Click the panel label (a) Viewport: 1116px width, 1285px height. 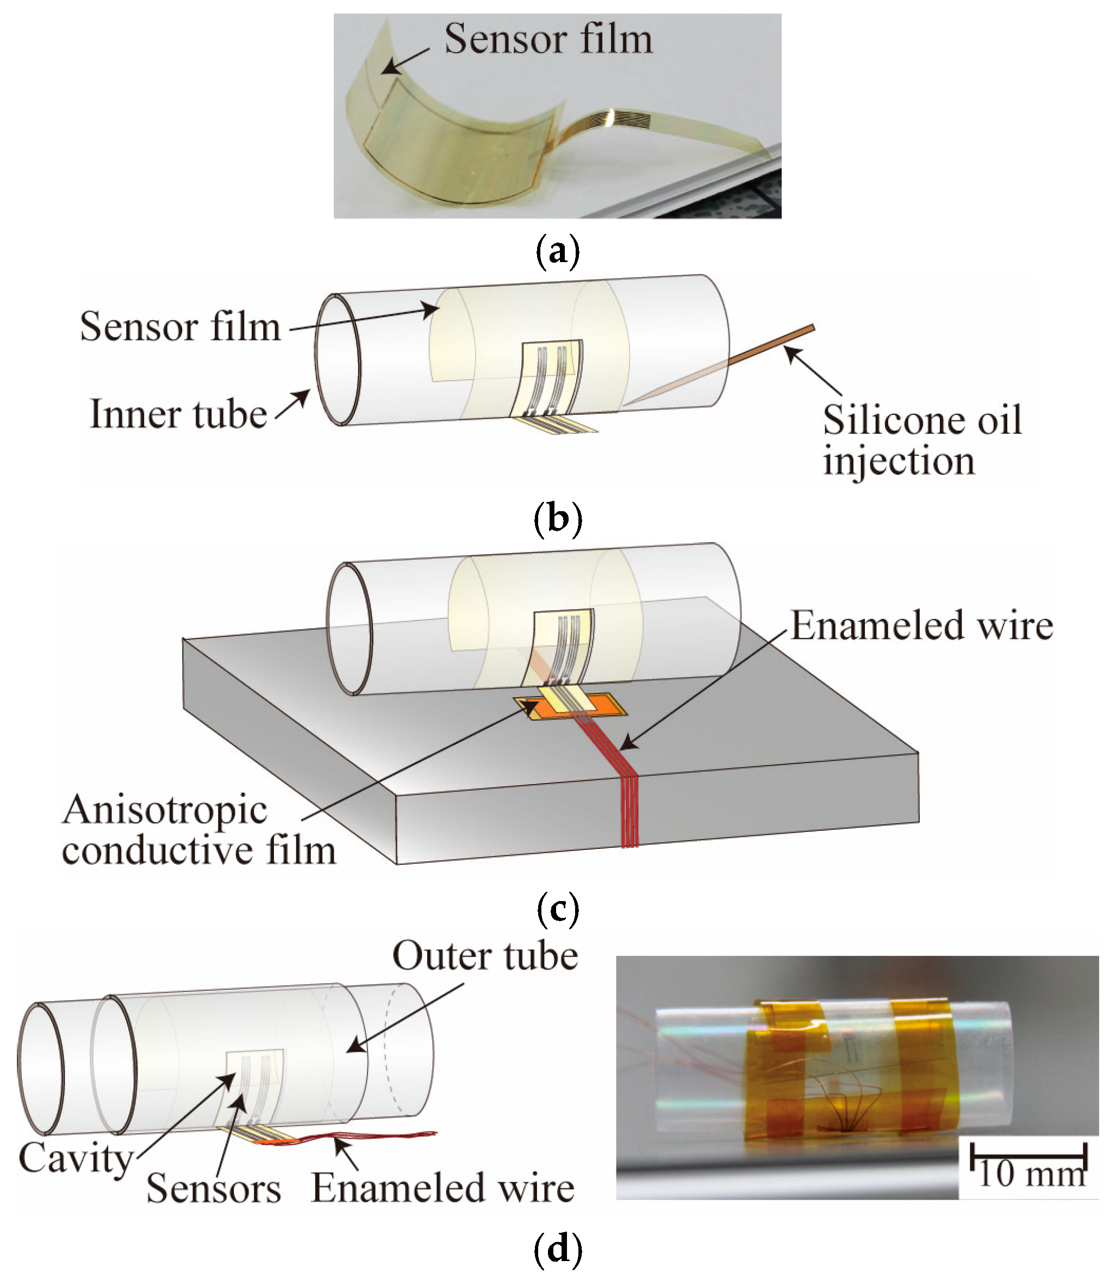click(x=557, y=251)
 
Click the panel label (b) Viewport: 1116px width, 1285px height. click(x=557, y=518)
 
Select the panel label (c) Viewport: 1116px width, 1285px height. click(x=557, y=909)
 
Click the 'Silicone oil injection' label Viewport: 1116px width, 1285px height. click(x=922, y=440)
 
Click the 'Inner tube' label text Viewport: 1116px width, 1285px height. click(x=179, y=414)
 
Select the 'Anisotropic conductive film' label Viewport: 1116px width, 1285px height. click(x=198, y=830)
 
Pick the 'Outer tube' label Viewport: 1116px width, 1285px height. click(x=485, y=956)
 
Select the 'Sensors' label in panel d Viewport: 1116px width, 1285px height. click(x=214, y=1188)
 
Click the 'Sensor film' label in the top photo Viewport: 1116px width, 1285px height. click(x=548, y=39)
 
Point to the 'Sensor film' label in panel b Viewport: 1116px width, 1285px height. click(x=180, y=326)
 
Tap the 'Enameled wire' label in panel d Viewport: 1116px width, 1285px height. click(x=442, y=1188)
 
